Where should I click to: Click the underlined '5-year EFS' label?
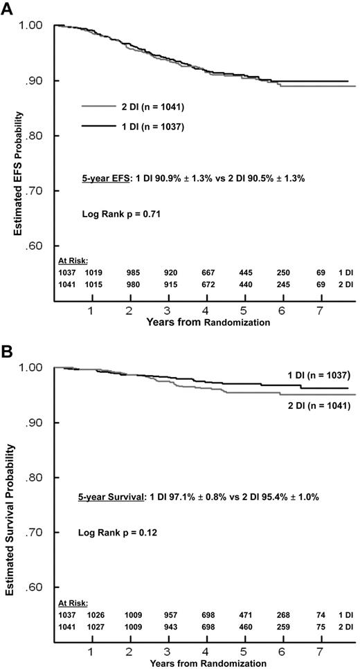pos(104,179)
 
